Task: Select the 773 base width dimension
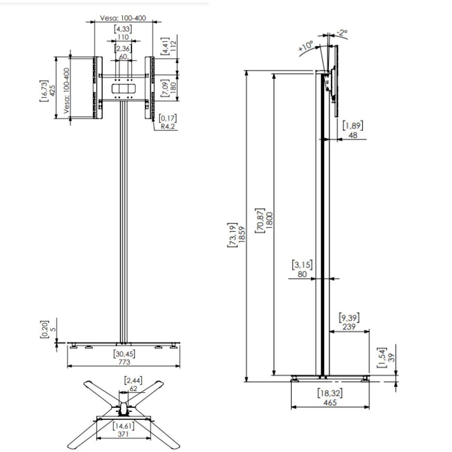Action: pos(124,362)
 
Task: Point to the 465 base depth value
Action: pos(330,403)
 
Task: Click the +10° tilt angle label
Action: pos(305,46)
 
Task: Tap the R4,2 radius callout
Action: pos(168,127)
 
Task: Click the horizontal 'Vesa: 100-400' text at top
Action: pos(123,18)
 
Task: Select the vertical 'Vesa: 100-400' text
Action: pos(67,91)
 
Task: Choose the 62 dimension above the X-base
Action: pos(133,389)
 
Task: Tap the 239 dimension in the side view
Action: pos(349,327)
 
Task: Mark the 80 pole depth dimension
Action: pos(302,274)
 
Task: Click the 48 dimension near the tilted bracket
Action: pos(353,135)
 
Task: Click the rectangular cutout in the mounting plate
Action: pos(124,89)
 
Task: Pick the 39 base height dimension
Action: pos(391,358)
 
